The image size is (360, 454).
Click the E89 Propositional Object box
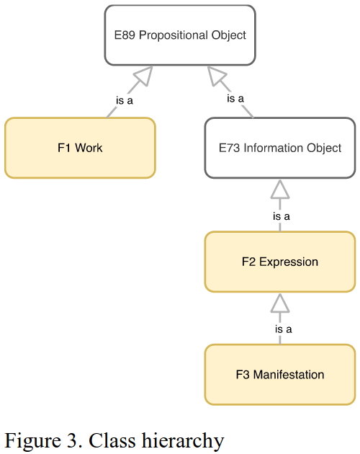click(180, 35)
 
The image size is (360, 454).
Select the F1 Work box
click(80, 148)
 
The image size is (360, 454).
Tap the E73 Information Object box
click(280, 148)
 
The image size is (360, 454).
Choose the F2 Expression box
click(280, 262)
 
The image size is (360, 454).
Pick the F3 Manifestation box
click(280, 375)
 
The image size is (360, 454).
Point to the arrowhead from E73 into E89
click(216, 75)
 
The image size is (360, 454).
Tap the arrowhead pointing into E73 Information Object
click(280, 189)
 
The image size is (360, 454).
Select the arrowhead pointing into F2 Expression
click(280, 303)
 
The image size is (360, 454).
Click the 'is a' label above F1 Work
click(125, 100)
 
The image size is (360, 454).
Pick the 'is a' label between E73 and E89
click(235, 99)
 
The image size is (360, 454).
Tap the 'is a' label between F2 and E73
click(282, 216)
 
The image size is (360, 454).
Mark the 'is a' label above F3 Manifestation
click(283, 329)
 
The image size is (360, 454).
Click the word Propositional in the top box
click(174, 35)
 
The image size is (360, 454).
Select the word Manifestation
click(289, 375)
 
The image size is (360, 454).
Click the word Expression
click(289, 262)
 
